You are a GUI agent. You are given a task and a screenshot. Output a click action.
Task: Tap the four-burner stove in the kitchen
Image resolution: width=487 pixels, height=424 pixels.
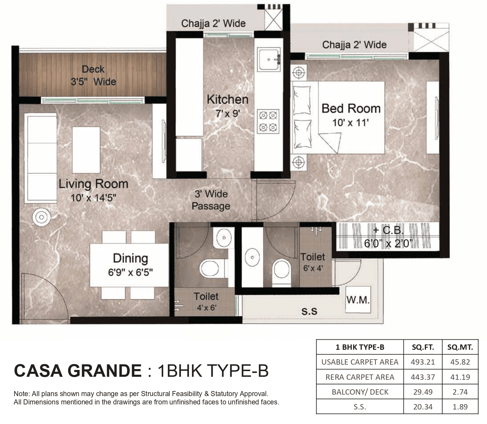coord(268,121)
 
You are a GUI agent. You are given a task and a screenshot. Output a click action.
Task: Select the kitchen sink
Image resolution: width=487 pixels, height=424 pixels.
coord(269,60)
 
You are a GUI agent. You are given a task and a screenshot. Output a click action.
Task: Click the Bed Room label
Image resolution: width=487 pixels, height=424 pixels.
coord(351,109)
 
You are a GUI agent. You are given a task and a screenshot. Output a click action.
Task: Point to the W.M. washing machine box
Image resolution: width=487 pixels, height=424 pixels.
coord(358,300)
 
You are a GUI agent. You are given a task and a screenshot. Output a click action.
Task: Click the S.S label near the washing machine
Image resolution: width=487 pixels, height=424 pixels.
coord(309,311)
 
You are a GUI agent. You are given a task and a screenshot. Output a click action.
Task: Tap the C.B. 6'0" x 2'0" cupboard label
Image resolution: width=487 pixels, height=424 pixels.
coord(388,237)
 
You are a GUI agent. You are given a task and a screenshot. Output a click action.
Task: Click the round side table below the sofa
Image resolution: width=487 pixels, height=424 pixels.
coord(41,217)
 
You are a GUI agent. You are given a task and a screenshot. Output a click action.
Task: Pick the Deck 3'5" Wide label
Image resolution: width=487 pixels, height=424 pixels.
coord(93,75)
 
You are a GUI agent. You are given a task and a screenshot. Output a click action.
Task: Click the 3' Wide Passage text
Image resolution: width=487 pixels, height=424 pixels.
coord(211,200)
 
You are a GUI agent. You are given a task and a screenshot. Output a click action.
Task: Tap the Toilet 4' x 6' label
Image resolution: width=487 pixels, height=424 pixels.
coord(206,301)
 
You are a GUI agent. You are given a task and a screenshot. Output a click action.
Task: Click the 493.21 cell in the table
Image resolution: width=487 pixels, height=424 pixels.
coord(423,362)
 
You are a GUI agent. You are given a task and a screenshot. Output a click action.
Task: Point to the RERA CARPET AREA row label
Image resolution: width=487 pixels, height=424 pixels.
coord(360,377)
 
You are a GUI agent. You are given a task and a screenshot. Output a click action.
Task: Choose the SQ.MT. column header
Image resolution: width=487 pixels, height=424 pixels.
coord(460,347)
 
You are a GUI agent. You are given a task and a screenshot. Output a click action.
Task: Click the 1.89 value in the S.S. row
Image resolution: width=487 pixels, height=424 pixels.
coord(460,407)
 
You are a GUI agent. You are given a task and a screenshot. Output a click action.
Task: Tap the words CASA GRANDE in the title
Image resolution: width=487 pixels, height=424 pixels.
coord(78,371)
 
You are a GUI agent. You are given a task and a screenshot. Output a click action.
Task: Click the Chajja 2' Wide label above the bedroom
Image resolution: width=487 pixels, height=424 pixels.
coord(354,45)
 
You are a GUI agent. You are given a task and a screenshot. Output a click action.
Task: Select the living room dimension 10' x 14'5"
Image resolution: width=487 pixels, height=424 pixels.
coord(93,198)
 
